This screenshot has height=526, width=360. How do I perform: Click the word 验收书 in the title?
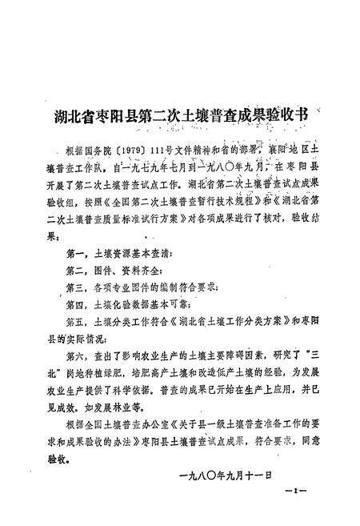pyautogui.click(x=289, y=115)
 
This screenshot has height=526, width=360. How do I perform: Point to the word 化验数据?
pyautogui.click(x=128, y=303)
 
